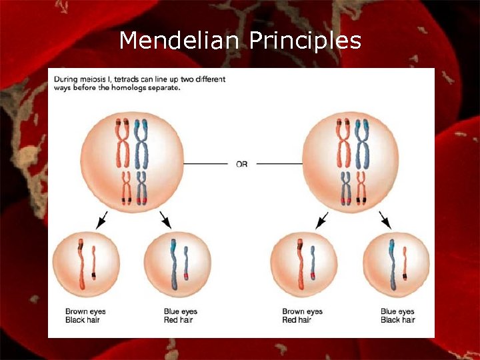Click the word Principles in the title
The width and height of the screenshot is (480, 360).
pos(306,42)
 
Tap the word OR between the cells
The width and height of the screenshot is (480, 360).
pos(241,163)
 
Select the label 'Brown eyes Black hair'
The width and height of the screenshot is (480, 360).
pos(85,316)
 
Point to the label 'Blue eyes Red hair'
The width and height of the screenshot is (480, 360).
pos(180,316)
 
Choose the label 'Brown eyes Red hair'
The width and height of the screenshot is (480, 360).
pos(302,316)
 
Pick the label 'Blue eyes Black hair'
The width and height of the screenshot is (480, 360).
pos(397,316)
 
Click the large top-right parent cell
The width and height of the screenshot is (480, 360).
pos(351,162)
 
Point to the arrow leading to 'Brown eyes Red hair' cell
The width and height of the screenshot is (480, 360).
pos(321,219)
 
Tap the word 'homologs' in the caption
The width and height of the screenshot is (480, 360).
pos(126,88)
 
